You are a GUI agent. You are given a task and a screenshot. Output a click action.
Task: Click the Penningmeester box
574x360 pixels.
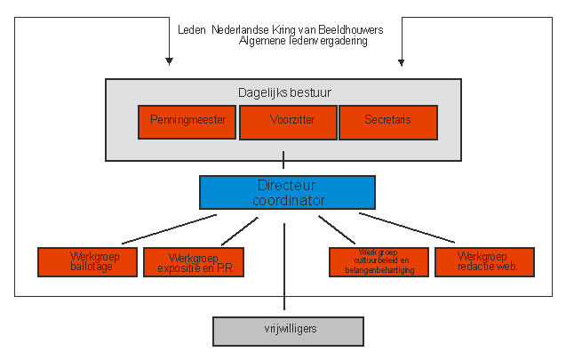coord(187,123)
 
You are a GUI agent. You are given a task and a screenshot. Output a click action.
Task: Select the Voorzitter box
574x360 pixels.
coord(287,123)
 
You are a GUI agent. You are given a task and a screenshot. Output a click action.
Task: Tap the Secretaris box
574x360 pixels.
coord(388,123)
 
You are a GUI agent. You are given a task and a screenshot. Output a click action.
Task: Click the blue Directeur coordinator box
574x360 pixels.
coord(287,192)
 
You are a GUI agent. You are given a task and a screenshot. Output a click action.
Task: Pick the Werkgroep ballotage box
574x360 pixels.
coord(88,261)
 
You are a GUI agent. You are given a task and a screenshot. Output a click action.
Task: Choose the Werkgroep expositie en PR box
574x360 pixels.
coord(193,261)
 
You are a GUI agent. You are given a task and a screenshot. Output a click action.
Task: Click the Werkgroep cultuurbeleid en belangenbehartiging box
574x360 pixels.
coord(379,261)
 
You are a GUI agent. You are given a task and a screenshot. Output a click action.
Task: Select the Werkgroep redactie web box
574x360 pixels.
coord(484,261)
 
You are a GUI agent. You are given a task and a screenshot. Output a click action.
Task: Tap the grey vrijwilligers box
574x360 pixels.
coord(289,330)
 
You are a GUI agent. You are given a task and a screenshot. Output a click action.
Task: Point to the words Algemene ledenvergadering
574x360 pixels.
coord(303,41)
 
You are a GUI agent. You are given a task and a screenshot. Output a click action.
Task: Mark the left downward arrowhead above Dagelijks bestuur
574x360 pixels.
coord(168,62)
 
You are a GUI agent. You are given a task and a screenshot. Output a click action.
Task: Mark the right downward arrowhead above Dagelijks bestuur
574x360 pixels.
coord(402,62)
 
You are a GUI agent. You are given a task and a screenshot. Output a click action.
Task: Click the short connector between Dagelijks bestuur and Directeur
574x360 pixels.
coord(284,161)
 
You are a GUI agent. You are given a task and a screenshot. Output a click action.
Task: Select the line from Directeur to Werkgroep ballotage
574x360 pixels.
coord(169,228)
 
